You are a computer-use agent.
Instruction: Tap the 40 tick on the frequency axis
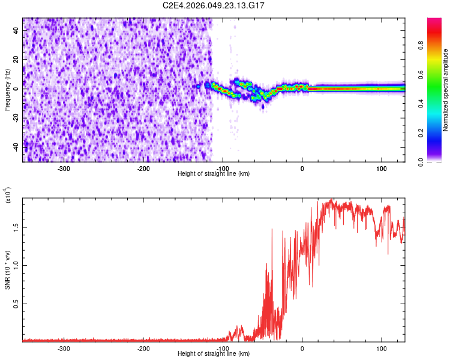pyautogui.click(x=17, y=30)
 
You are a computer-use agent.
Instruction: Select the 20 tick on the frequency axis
pyautogui.click(x=17, y=59)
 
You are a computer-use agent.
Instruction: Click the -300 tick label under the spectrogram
pyautogui.click(x=64, y=169)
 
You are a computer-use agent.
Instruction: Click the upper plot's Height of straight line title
pyautogui.click(x=214, y=174)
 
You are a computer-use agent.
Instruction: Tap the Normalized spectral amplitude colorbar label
pyautogui.click(x=446, y=90)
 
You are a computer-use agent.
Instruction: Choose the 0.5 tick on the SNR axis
pyautogui.click(x=16, y=304)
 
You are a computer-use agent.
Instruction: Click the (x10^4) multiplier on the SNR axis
pyautogui.click(x=8, y=196)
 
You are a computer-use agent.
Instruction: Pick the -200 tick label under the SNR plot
pyautogui.click(x=143, y=349)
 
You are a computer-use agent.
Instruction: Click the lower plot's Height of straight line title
pyautogui.click(x=214, y=354)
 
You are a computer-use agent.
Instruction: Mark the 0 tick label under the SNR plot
pyautogui.click(x=302, y=349)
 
